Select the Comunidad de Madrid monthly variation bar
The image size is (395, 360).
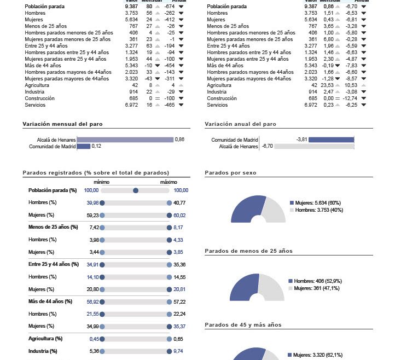pos(83,146)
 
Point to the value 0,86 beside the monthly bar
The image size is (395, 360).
pos(179,140)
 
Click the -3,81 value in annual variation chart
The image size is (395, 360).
pos(301,140)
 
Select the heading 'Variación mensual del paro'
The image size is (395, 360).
pos(62,125)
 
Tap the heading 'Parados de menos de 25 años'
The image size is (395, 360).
pos(248,251)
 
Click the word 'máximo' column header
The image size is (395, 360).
pos(169,182)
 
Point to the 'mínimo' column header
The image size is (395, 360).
pos(102,182)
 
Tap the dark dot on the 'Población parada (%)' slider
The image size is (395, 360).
pos(136,190)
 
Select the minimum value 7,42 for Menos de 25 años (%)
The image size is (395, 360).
pos(94,227)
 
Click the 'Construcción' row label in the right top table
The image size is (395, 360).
pos(222,98)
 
